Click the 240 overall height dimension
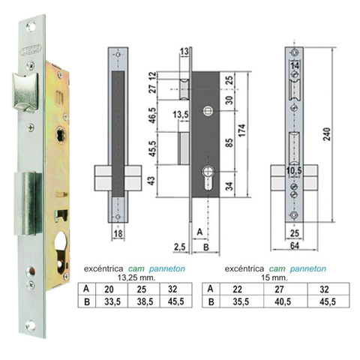tap(328, 134)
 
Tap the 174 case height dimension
tap(241, 130)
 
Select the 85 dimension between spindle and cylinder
tap(229, 142)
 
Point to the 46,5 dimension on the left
tap(153, 115)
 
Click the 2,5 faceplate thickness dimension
tap(180, 247)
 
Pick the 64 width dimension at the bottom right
tap(295, 245)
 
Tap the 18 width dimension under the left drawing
tap(118, 234)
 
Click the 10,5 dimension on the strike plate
tap(294, 171)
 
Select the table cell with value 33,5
tap(112, 301)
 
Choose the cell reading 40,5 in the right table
tap(283, 301)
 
